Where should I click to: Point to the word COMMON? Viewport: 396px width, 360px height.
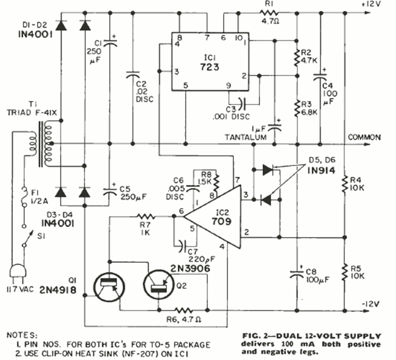coord(364,137)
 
